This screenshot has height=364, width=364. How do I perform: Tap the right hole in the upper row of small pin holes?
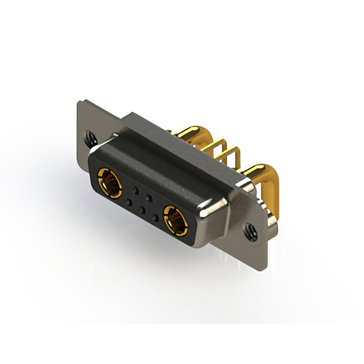[x=149, y=197]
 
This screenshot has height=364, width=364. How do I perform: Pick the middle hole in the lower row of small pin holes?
[x=142, y=209]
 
